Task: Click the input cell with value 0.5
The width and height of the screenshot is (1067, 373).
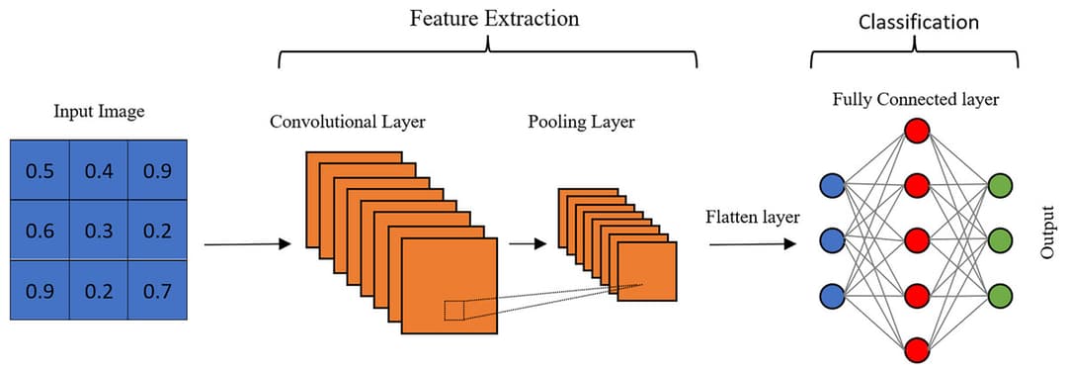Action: click(40, 171)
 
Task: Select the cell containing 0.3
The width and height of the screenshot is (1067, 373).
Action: click(99, 231)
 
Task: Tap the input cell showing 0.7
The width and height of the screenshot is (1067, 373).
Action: click(157, 291)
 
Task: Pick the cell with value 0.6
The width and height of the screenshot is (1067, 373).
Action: click(40, 231)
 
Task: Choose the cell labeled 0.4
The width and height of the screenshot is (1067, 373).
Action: click(99, 171)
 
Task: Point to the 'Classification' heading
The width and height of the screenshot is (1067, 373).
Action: click(918, 22)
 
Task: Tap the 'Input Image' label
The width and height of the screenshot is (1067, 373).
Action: click(98, 111)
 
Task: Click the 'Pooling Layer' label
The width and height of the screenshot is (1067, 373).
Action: click(581, 123)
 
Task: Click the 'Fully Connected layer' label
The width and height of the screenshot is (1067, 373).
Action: click(916, 100)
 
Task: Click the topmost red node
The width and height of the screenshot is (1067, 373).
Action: click(917, 131)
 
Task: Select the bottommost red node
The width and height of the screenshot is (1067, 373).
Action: click(917, 349)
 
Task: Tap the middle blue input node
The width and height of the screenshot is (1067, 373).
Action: click(832, 240)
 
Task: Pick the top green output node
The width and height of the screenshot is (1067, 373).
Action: click(1001, 185)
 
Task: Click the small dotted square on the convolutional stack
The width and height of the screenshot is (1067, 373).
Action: click(453, 310)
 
